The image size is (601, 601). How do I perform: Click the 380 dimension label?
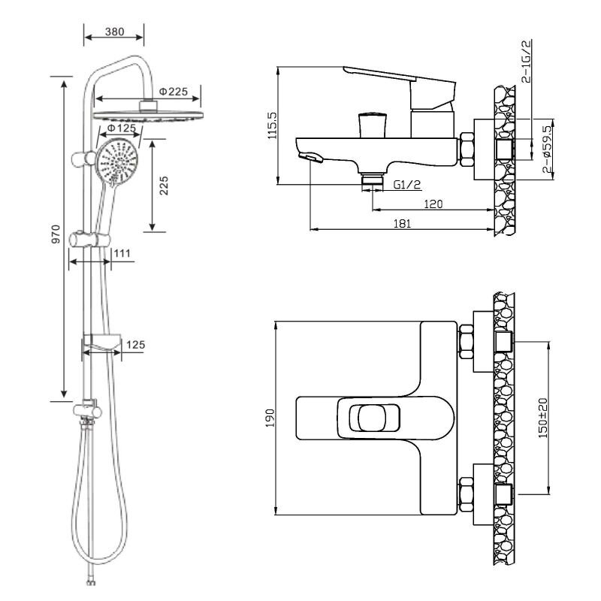pos(115,32)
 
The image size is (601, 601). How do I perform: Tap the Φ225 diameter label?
pos(174,92)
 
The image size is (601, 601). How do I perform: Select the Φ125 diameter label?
pos(122,128)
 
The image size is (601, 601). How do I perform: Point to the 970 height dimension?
pos(56,234)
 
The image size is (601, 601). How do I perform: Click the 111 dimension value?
pos(122,253)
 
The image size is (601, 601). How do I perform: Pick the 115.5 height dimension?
pos(272,125)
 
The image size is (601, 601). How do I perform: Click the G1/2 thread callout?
pos(407,185)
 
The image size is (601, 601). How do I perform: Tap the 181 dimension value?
pos(402,223)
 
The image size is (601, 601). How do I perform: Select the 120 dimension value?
pos(433,204)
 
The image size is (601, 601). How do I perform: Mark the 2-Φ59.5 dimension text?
pos(548,149)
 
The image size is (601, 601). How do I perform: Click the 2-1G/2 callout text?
pos(527,62)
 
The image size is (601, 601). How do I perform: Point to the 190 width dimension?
pos(270,418)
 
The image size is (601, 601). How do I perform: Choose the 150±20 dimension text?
pos(543,418)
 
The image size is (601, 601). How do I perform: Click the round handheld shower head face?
pos(117,162)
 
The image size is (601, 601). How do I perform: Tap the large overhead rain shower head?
pos(148,116)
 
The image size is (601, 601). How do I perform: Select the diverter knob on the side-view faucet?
pos(372,125)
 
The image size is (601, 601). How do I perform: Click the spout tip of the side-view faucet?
pos(310,157)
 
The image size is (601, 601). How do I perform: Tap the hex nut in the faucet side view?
pos(467,149)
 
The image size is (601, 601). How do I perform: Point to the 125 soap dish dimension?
pos(136,345)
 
